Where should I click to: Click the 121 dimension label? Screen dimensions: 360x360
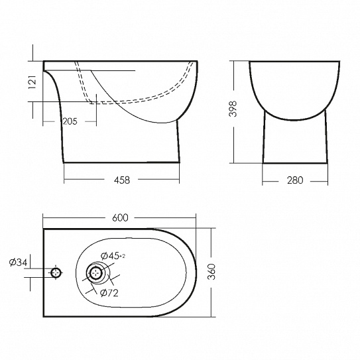pyautogui.click(x=32, y=82)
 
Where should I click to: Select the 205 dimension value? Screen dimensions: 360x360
pyautogui.click(x=70, y=121)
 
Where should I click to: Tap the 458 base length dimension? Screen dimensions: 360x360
pyautogui.click(x=122, y=180)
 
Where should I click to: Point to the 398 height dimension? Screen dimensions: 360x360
pyautogui.click(x=233, y=109)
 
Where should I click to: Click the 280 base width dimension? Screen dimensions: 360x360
pyautogui.click(x=295, y=180)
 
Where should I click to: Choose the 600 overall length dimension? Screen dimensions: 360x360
pyautogui.click(x=120, y=217)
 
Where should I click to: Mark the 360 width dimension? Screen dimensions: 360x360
pyautogui.click(x=211, y=272)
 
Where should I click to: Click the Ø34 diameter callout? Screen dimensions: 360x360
pyautogui.click(x=18, y=262)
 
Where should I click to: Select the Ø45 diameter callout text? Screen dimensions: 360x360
pyautogui.click(x=110, y=255)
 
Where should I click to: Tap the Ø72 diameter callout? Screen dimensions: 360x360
pyautogui.click(x=109, y=293)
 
